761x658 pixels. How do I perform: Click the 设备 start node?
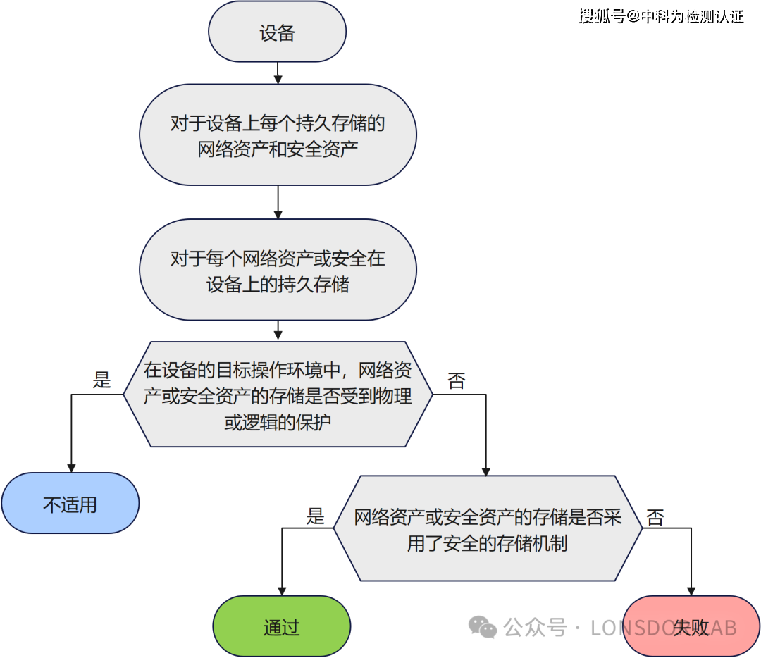tap(277, 32)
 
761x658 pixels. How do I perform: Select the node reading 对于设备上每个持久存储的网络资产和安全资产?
tap(278, 135)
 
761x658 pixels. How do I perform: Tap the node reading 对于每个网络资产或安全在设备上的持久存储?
tap(278, 271)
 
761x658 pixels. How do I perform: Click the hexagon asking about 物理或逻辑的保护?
tap(278, 395)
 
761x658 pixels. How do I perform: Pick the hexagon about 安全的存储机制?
tap(488, 529)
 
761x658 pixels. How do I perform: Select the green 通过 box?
tap(281, 627)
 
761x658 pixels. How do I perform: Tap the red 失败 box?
tap(691, 627)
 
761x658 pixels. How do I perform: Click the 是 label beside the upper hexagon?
tap(102, 381)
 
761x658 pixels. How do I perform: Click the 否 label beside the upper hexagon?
tap(457, 381)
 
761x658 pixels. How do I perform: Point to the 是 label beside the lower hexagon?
tap(315, 516)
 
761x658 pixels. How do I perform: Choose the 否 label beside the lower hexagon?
tap(655, 518)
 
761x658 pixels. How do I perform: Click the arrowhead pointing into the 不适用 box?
tap(70, 467)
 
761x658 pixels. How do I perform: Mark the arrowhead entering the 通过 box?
tap(282, 591)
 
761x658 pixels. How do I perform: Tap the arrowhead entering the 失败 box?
tap(691, 591)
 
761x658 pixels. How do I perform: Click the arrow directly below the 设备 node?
tap(278, 73)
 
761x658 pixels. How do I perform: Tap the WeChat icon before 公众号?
tap(483, 627)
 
